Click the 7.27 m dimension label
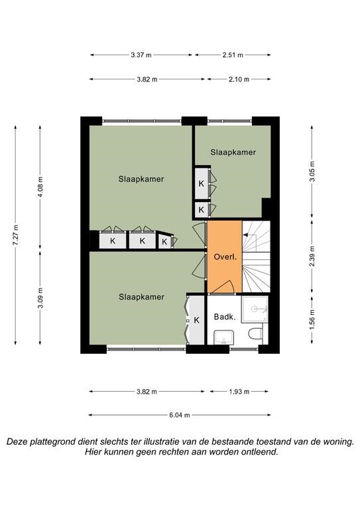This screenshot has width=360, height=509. coord(15,235)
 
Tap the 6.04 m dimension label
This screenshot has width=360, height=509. coord(179,415)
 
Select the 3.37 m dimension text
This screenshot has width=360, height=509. coord(141,55)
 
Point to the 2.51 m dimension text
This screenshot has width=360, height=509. coord(233,55)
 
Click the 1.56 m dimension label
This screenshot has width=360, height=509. coord(312,319)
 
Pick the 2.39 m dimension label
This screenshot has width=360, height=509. coord(312,256)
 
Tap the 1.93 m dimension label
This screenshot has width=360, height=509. coord(239,392)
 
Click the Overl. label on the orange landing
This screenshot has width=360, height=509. coord(225,257)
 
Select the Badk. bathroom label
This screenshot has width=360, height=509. coord(225,317)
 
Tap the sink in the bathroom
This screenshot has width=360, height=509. coord(223,337)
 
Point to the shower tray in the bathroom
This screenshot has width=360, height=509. coord(255,309)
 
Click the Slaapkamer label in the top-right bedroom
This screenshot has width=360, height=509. coord(233,152)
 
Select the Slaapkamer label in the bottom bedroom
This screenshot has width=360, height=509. coord(141,297)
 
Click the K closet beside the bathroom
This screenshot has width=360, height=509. coord(196,320)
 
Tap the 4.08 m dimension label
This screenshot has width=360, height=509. coord(40,188)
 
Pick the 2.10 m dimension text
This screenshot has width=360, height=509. coord(239,79)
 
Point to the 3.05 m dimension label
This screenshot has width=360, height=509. coord(312,172)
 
